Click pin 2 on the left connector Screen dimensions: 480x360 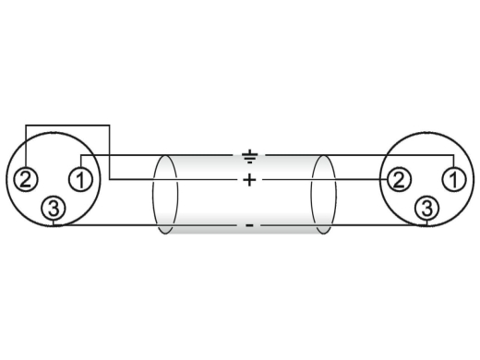click(26, 179)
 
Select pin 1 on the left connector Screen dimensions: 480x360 click(80, 179)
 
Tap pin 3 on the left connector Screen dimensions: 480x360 click(54, 209)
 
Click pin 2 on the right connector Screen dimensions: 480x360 click(399, 179)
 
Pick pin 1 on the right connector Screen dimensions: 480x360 click(454, 179)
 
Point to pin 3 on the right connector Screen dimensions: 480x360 click(426, 209)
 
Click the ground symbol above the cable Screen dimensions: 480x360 click(249, 156)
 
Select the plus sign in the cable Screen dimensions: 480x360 click(249, 180)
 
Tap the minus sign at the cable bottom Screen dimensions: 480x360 click(249, 226)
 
